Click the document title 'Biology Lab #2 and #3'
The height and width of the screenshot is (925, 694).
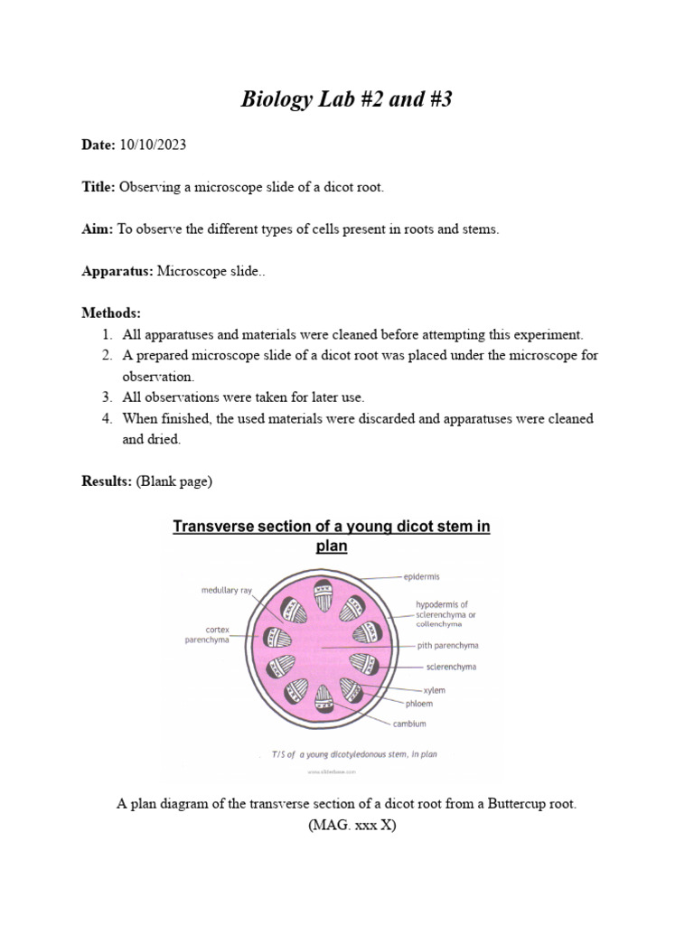(346, 99)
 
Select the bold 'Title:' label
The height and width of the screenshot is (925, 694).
(98, 187)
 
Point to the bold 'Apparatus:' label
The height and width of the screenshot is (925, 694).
(117, 271)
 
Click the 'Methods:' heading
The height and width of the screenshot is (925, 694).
(111, 313)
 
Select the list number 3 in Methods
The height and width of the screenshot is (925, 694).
(106, 397)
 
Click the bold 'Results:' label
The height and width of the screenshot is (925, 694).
(107, 481)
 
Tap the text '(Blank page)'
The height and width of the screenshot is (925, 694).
(174, 481)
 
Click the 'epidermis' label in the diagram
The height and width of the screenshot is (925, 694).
(421, 575)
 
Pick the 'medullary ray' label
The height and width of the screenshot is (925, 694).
(226, 591)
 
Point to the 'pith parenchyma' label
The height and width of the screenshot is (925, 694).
(447, 646)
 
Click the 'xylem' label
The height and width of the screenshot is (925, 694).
(434, 689)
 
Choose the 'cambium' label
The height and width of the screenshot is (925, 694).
(409, 724)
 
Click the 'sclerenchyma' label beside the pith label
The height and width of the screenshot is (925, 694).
(451, 668)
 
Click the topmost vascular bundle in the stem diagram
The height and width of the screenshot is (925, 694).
(324, 595)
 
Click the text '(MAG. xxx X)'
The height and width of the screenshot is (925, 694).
(347, 824)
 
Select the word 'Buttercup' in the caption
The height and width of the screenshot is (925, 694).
(509, 804)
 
